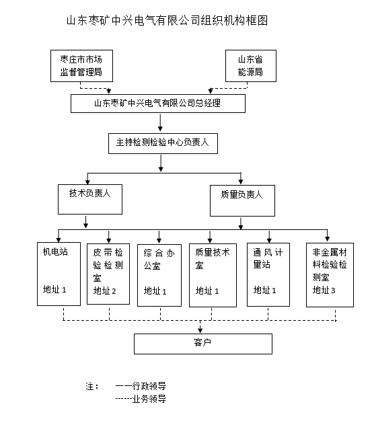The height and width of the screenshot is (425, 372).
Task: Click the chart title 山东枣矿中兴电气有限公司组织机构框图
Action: click(x=166, y=21)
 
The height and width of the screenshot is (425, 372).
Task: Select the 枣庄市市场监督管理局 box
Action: click(x=81, y=65)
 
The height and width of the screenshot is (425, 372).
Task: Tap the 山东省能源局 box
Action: click(x=250, y=65)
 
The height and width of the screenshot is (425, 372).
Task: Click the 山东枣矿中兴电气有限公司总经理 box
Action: click(x=158, y=104)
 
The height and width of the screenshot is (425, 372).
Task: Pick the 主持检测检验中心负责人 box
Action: click(x=163, y=143)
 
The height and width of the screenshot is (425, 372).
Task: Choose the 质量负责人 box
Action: click(x=241, y=200)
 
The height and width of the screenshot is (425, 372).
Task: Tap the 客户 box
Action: click(x=202, y=344)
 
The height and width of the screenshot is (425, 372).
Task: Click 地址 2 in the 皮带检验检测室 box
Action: click(x=105, y=291)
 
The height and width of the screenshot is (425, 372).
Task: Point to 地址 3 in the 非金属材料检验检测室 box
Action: click(x=324, y=291)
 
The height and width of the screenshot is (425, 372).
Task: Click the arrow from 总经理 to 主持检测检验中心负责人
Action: click(x=159, y=122)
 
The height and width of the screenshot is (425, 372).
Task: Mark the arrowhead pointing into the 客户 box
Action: click(x=201, y=330)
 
